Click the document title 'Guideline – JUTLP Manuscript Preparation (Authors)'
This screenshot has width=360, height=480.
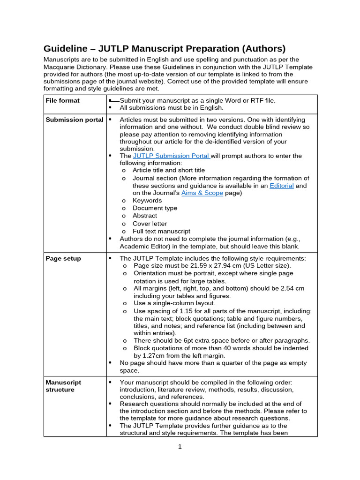(x=165, y=48)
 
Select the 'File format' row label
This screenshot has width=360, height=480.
(x=62, y=100)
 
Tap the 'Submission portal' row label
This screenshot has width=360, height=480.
(x=74, y=120)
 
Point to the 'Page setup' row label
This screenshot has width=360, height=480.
(x=63, y=258)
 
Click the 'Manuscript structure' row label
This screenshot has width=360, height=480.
(x=63, y=386)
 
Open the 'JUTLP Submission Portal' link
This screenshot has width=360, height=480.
(x=171, y=156)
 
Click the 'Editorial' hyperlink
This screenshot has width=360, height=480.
(x=281, y=186)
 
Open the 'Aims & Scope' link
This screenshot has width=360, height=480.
(x=202, y=193)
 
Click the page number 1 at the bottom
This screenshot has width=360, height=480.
(x=180, y=447)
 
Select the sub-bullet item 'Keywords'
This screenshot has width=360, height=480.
(x=147, y=201)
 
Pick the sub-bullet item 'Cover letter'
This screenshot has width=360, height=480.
(x=150, y=224)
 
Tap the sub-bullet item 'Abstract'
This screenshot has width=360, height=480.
(x=145, y=216)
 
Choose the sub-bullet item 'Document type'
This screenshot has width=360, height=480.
(x=155, y=208)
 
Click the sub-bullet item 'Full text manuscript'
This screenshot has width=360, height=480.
(x=161, y=231)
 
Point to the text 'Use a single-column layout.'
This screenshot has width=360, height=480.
(x=174, y=303)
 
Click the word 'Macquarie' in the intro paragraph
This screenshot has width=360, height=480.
(x=60, y=67)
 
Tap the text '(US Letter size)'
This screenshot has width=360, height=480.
(x=266, y=265)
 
